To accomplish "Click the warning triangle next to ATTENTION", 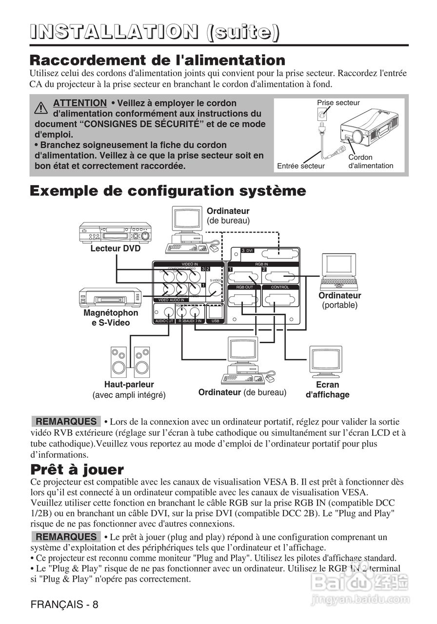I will click(x=41, y=107).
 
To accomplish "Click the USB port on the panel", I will click(x=215, y=311).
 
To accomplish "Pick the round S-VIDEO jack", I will click(x=215, y=290).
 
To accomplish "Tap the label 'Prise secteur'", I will click(x=338, y=103).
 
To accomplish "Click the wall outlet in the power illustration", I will click(x=322, y=116).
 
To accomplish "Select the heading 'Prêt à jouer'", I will click(x=77, y=470).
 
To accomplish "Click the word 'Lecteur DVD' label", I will click(x=115, y=249).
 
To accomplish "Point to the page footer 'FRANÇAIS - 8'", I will click(x=64, y=604).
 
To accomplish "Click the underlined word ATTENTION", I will click(x=79, y=103).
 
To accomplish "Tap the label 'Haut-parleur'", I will click(x=129, y=385).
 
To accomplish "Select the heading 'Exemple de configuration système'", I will click(x=168, y=191).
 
